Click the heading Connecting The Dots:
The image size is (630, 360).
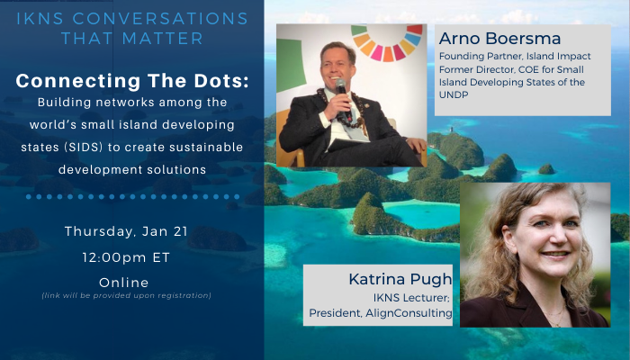point(132,81)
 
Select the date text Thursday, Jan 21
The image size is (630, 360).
point(126,231)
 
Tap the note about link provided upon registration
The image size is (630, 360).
point(126,295)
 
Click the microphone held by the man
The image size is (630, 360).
point(340,86)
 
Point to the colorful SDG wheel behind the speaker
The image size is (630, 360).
point(388,42)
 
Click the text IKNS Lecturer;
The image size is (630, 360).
point(412,298)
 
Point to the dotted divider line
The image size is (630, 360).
point(132,196)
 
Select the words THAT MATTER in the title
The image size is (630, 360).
point(131,39)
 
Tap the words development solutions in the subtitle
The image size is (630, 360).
point(132,169)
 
